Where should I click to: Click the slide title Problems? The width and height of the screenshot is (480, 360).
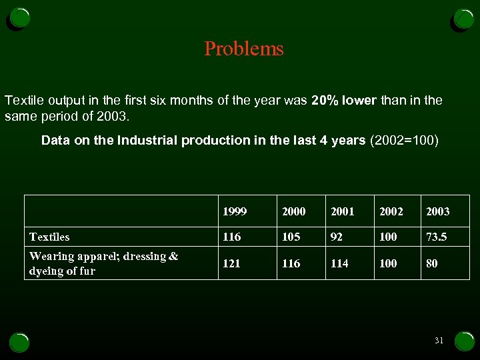coord(244,49)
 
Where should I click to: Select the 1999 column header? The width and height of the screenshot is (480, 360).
coord(235,211)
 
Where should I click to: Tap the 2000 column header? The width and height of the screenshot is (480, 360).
coord(293,211)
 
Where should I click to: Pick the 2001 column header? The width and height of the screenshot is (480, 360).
coord(342,211)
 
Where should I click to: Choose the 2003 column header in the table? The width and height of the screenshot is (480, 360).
coord(437,211)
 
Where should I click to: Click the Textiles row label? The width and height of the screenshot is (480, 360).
coord(49,237)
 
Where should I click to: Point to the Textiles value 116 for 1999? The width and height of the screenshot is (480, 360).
coord(231,237)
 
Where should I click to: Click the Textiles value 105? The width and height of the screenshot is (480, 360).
coord(291,237)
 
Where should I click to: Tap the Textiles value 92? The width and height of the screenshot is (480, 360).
coord(337,237)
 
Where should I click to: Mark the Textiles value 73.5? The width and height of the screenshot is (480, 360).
coord(436,237)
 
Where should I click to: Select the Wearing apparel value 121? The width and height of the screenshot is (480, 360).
coord(231,263)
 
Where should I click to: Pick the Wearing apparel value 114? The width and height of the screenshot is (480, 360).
coord(339,263)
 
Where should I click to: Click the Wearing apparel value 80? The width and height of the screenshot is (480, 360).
coord(432,263)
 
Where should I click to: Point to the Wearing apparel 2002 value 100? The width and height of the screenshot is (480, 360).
coord(388,263)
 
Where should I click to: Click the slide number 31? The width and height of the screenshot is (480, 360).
coord(439,341)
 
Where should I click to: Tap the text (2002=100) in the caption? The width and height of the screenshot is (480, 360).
coord(403,140)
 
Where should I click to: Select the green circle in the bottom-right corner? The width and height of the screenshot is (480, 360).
coord(464,341)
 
